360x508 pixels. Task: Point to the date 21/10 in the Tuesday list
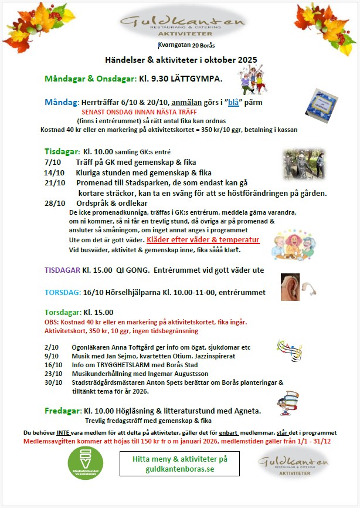tap(54, 183)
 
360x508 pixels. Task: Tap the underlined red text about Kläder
tap(203, 241)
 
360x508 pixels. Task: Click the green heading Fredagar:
tap(63, 410)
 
